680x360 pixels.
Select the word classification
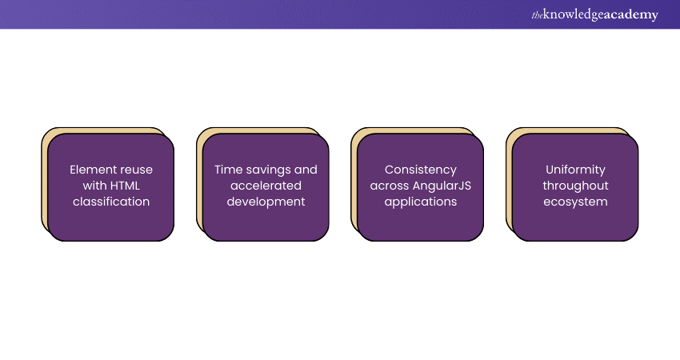(111, 202)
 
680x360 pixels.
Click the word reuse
(135, 170)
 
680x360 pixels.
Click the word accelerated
(266, 186)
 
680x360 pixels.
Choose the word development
(266, 202)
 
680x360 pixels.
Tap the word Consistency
(421, 170)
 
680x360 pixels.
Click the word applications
(421, 202)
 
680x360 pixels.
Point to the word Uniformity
(575, 170)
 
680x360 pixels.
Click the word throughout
(575, 186)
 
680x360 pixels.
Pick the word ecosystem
(575, 202)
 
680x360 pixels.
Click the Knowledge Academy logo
(594, 14)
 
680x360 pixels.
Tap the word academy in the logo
(629, 14)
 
